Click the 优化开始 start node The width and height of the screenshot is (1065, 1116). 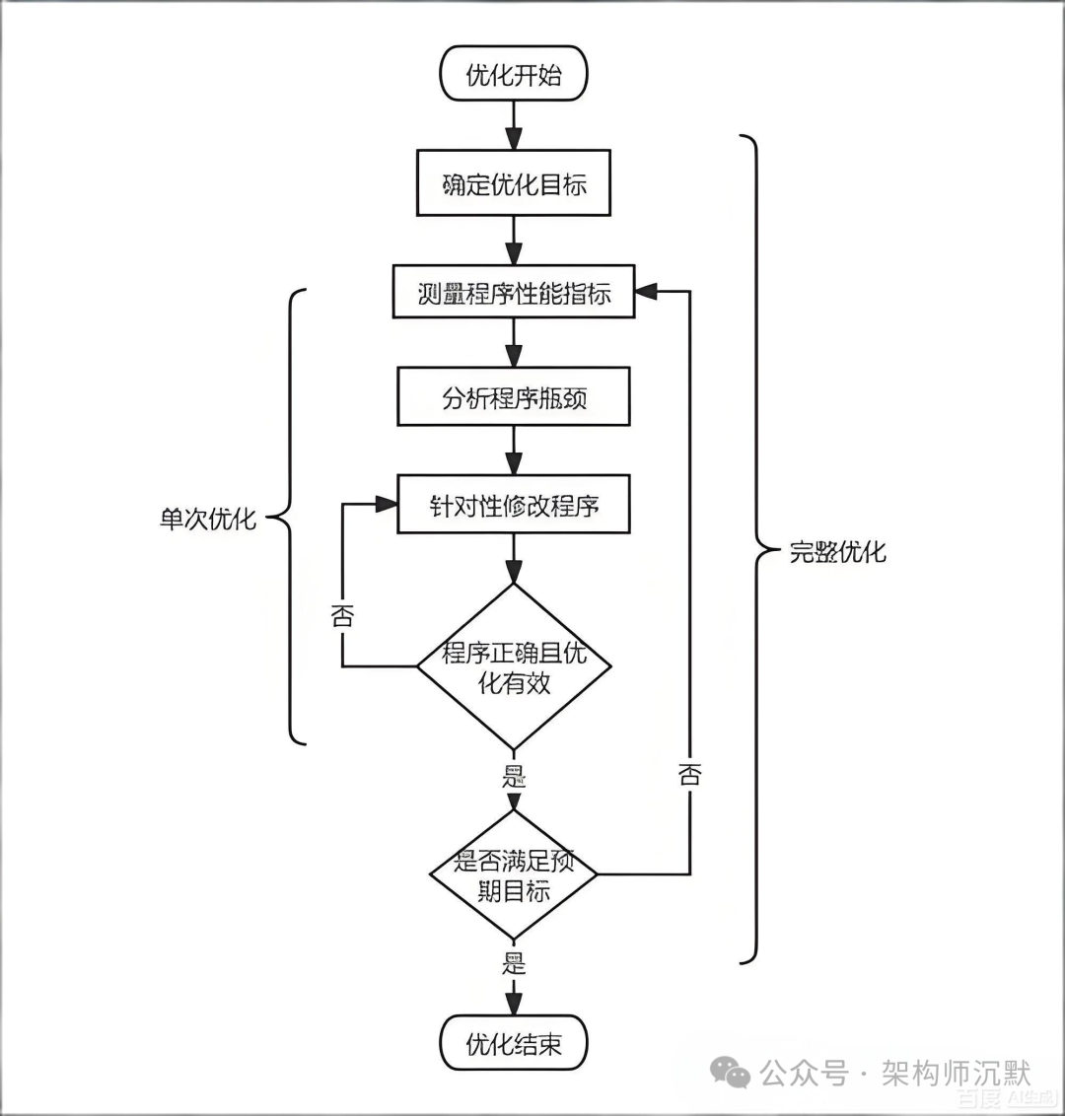tap(513, 75)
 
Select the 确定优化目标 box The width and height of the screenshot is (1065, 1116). tap(513, 183)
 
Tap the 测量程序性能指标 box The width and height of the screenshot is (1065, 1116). tap(513, 292)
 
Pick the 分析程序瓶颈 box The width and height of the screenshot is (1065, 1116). tap(513, 397)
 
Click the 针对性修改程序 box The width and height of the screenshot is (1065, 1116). tap(513, 506)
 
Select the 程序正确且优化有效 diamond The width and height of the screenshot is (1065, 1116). tap(513, 666)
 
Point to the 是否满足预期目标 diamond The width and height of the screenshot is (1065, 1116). tap(513, 875)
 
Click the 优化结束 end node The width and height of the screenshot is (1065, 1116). tap(513, 1044)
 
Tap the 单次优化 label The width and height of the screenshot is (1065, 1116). tap(208, 518)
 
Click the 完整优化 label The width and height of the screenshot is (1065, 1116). tap(837, 551)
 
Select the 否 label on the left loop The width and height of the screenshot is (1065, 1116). tap(342, 616)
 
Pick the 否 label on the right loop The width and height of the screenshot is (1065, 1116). tap(689, 774)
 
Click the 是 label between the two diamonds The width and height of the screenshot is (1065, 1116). tap(514, 776)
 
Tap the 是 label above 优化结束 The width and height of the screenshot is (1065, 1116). tap(514, 963)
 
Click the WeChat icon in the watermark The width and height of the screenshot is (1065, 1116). tap(732, 1073)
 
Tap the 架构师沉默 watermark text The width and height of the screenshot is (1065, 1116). tap(955, 1073)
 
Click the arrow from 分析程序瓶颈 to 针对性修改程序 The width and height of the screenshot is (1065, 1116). tap(513, 451)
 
